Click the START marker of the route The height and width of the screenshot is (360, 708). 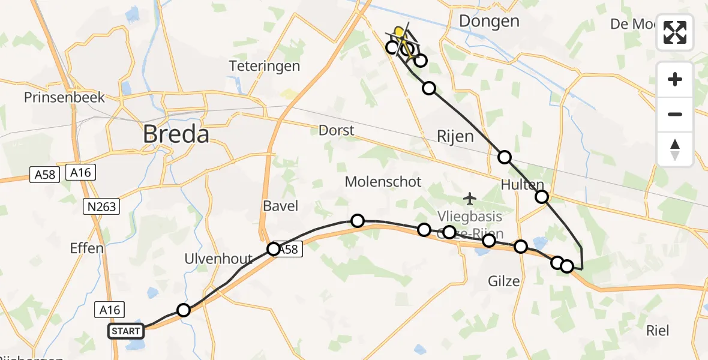[126, 331]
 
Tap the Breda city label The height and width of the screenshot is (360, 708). [176, 134]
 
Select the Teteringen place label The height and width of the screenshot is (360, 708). [264, 66]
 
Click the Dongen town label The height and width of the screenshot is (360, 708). [489, 22]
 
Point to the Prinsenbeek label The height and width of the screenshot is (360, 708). [65, 97]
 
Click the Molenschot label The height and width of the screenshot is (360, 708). [383, 181]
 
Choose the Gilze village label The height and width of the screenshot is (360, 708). [504, 280]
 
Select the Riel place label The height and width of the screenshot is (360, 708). [658, 330]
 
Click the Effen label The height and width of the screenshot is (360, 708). [87, 248]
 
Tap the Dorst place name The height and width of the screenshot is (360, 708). [337, 130]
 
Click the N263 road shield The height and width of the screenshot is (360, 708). [101, 207]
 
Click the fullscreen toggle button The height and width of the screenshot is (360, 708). [675, 32]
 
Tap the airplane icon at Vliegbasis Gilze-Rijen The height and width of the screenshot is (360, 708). [470, 197]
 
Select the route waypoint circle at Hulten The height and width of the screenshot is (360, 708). [542, 196]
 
